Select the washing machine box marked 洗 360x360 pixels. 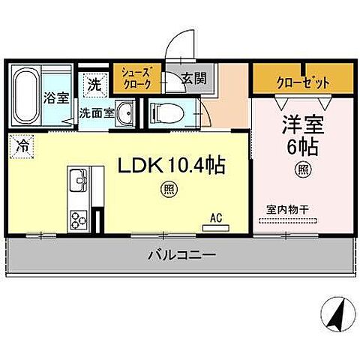[x=93, y=85]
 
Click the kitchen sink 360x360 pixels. [x=78, y=182]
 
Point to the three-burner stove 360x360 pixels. [x=80, y=219]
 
